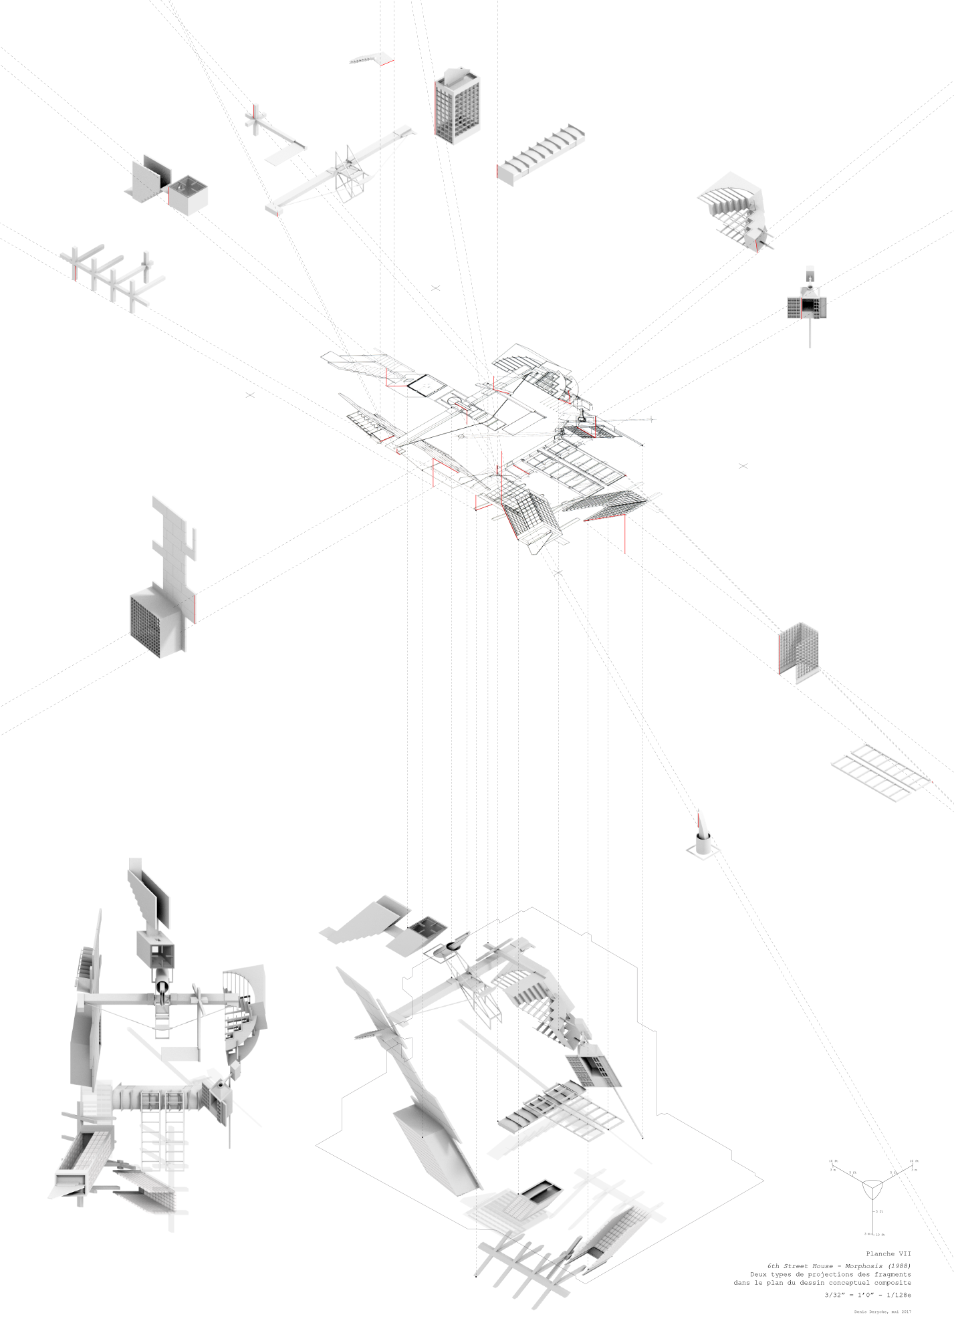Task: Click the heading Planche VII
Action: click(x=888, y=1254)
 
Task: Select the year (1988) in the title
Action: click(x=899, y=1266)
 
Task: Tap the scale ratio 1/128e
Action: click(x=899, y=1295)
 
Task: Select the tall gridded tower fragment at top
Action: click(x=457, y=106)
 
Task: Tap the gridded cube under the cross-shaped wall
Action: click(x=156, y=622)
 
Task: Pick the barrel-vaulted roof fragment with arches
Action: click(x=540, y=154)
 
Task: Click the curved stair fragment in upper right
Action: click(x=732, y=209)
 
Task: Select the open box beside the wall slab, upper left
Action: click(x=187, y=194)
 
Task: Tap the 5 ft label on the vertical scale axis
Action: click(x=881, y=1211)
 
